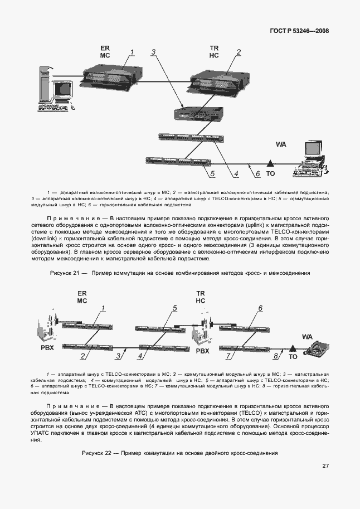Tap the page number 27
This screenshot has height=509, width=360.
tap(325, 466)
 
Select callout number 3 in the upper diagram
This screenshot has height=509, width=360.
tap(153, 52)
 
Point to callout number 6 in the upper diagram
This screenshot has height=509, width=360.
tap(257, 174)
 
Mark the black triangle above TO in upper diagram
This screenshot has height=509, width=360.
tap(270, 163)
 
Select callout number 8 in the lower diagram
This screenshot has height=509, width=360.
tap(275, 356)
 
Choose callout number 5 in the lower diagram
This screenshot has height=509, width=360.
tap(174, 308)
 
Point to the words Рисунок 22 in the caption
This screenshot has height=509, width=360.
tap(97, 452)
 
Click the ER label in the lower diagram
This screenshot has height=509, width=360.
tap(81, 293)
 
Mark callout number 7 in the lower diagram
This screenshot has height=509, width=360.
tap(228, 356)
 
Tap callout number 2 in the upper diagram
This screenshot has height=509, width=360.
tap(239, 52)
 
